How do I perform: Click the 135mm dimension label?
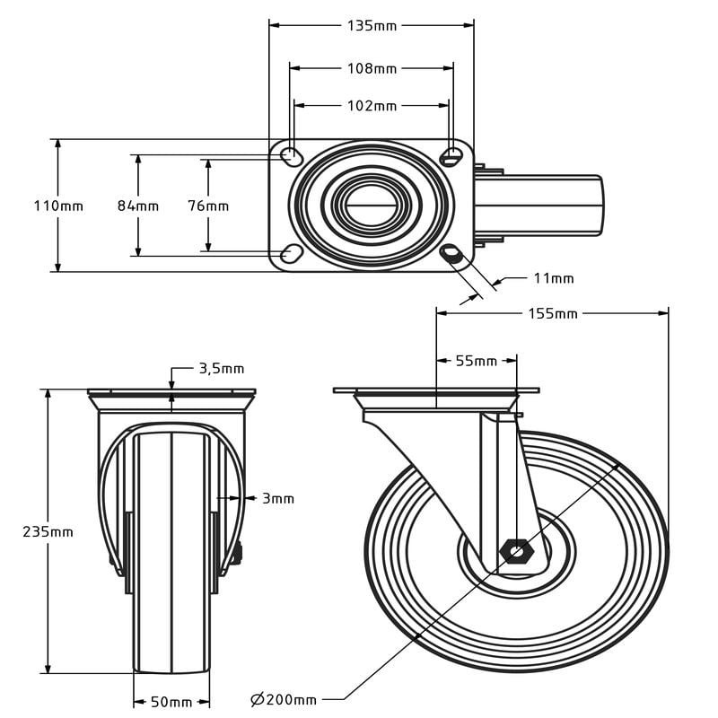pos(372,26)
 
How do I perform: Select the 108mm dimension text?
pos(372,68)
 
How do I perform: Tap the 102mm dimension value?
pos(372,106)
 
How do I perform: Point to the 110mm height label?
pos(58,206)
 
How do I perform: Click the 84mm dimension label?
pos(138,206)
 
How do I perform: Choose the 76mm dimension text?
pos(208,206)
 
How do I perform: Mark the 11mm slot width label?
pos(554,278)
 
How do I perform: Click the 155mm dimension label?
pos(553,313)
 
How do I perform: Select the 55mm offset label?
pos(477,362)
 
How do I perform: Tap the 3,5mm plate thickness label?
pos(222,369)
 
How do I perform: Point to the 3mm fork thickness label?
pos(278,498)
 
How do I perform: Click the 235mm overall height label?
pos(48,531)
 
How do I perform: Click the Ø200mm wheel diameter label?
pos(284,700)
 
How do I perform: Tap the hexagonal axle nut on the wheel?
pos(516,552)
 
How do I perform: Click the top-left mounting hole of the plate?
pos(291,157)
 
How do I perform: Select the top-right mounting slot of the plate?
pos(451,157)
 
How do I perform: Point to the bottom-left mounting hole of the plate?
pos(291,254)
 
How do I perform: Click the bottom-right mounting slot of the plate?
pos(451,253)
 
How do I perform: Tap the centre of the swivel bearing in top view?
pos(372,206)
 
